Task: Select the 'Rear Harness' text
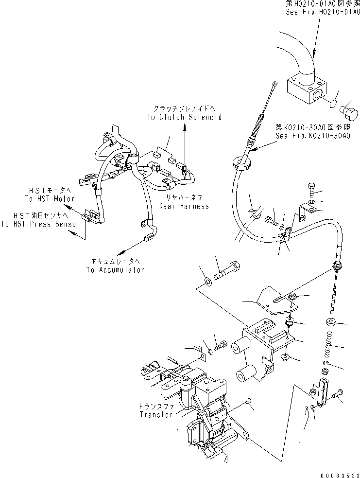184,206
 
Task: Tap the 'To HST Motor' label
50,199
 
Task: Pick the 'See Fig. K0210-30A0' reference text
312,136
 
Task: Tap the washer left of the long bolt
207,281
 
